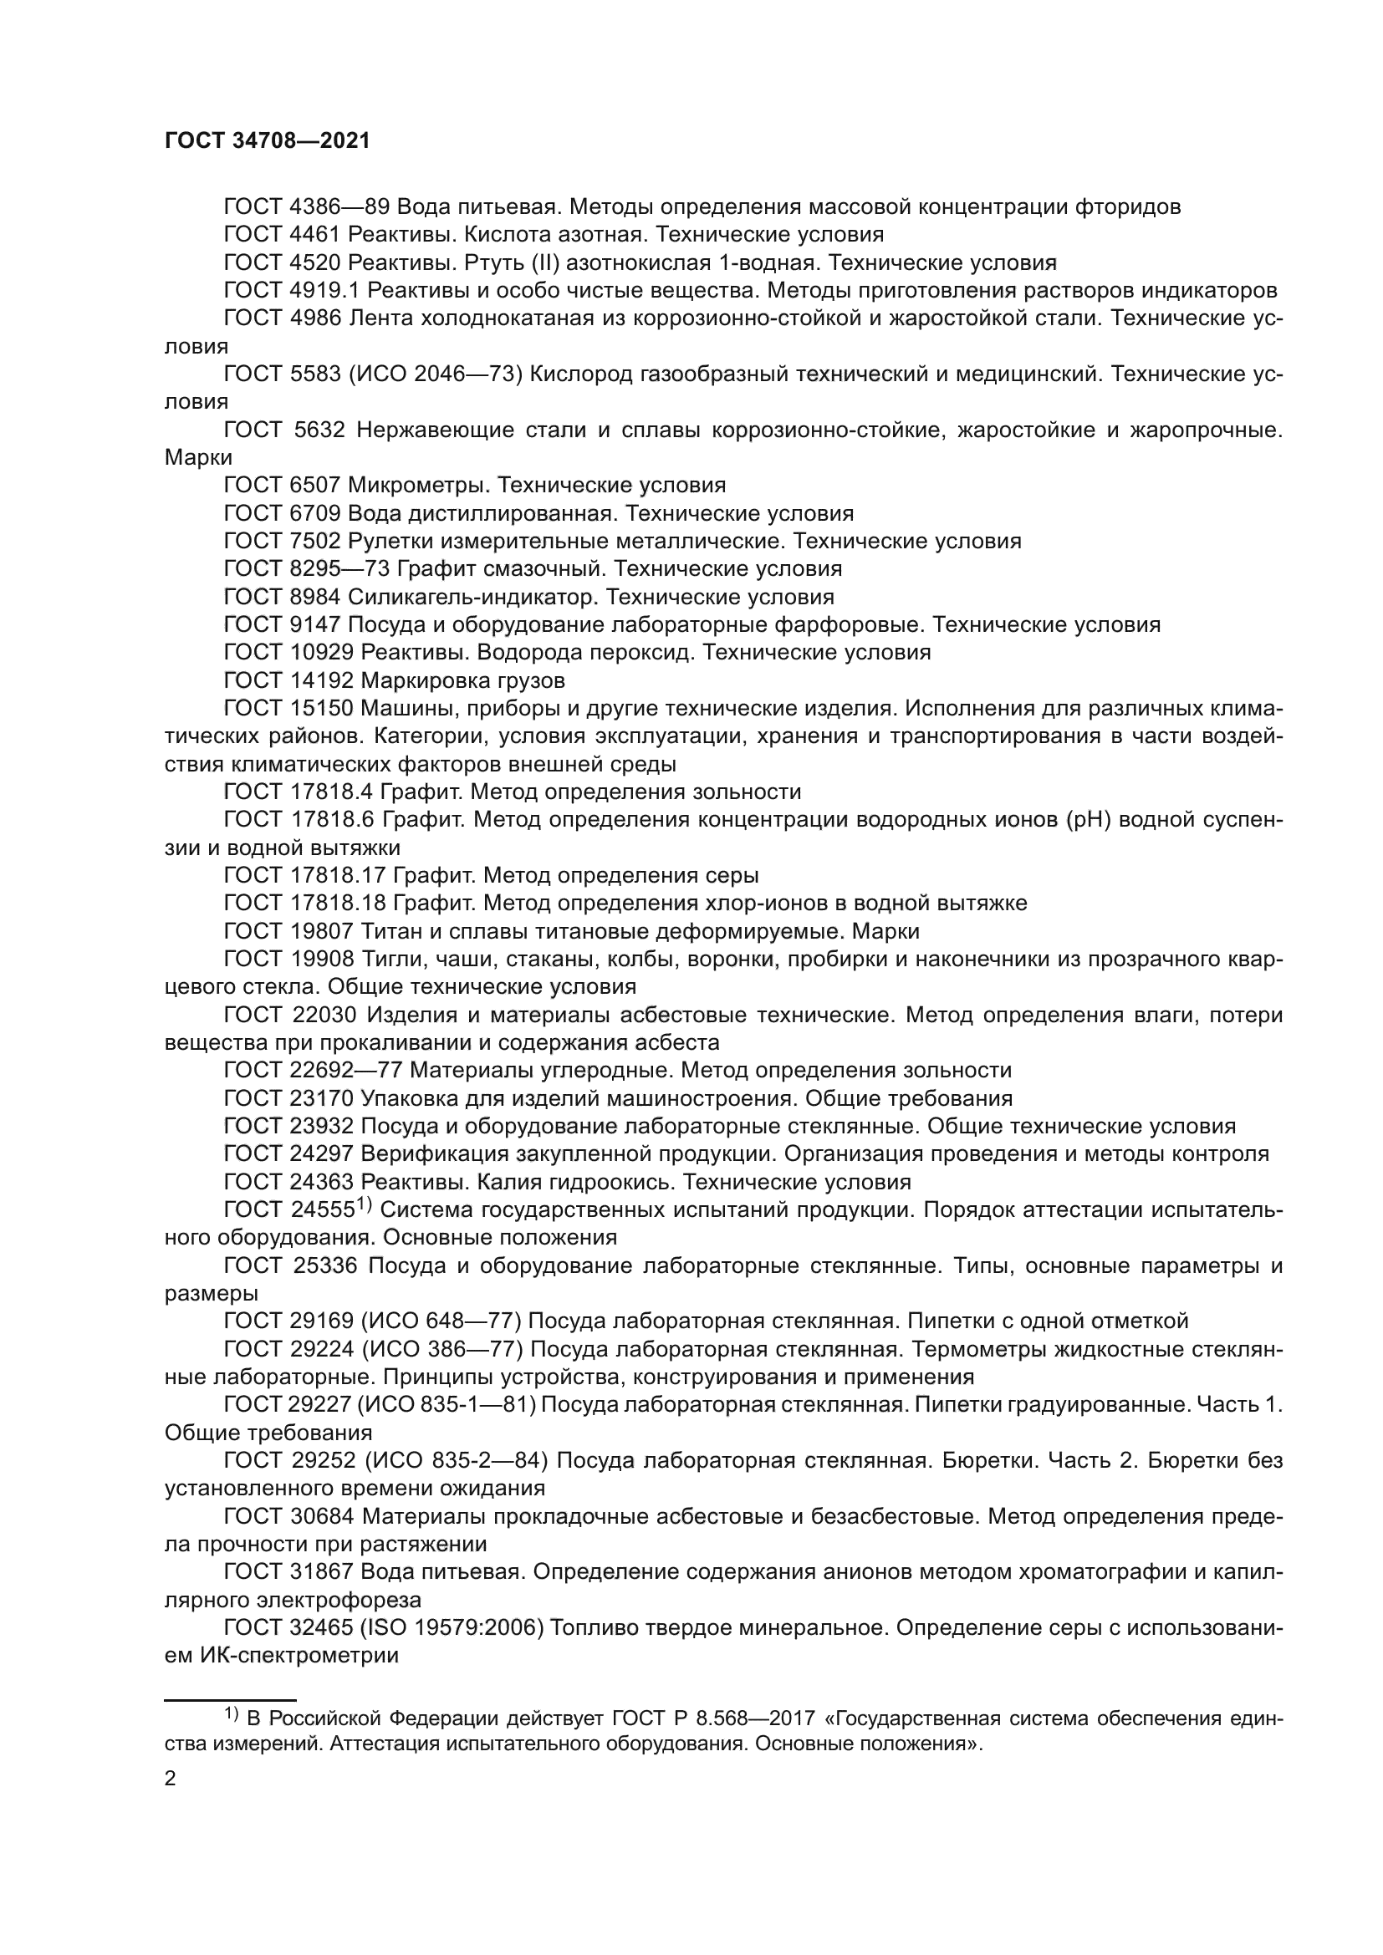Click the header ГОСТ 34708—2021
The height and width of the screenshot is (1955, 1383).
(x=268, y=141)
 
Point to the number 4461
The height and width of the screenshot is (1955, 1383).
(x=314, y=234)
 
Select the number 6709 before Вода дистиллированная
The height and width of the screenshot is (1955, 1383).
(x=314, y=513)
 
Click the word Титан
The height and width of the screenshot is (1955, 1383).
(x=389, y=930)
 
